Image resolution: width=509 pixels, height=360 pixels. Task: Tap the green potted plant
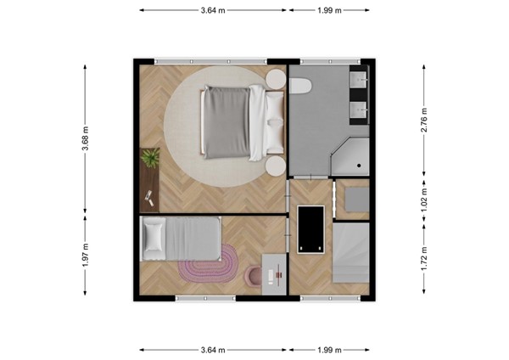point(150,157)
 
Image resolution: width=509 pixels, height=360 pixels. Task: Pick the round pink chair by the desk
point(254,276)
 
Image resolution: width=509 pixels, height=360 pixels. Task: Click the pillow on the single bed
point(154,238)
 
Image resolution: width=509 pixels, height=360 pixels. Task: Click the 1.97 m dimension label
point(86,254)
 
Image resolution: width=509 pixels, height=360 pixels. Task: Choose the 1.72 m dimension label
point(423,256)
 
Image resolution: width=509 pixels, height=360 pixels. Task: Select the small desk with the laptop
point(274,273)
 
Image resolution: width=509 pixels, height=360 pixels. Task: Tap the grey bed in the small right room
point(350,252)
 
